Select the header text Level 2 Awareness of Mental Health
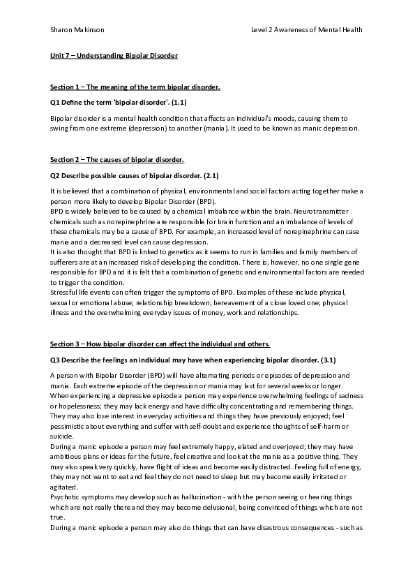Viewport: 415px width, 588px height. pos(307,30)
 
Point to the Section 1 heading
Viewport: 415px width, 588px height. pos(136,87)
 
